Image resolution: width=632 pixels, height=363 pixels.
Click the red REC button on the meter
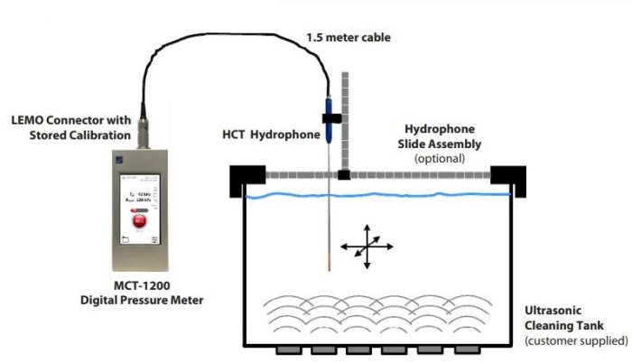tap(139, 219)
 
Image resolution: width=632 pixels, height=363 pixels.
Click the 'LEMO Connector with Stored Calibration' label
tap(71, 127)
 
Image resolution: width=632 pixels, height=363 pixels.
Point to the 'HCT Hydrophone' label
tap(271, 135)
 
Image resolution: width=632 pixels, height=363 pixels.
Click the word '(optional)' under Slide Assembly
tap(440, 158)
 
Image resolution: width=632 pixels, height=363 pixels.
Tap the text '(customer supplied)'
tap(576, 340)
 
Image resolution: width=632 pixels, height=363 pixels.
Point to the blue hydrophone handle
tap(331, 127)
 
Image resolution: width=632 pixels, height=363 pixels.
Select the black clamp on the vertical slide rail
tap(331, 116)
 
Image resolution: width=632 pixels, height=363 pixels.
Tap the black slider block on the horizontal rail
tap(344, 173)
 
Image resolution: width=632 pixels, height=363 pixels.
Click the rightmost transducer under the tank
tap(464, 349)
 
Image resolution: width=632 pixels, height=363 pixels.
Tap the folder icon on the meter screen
tap(123, 237)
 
